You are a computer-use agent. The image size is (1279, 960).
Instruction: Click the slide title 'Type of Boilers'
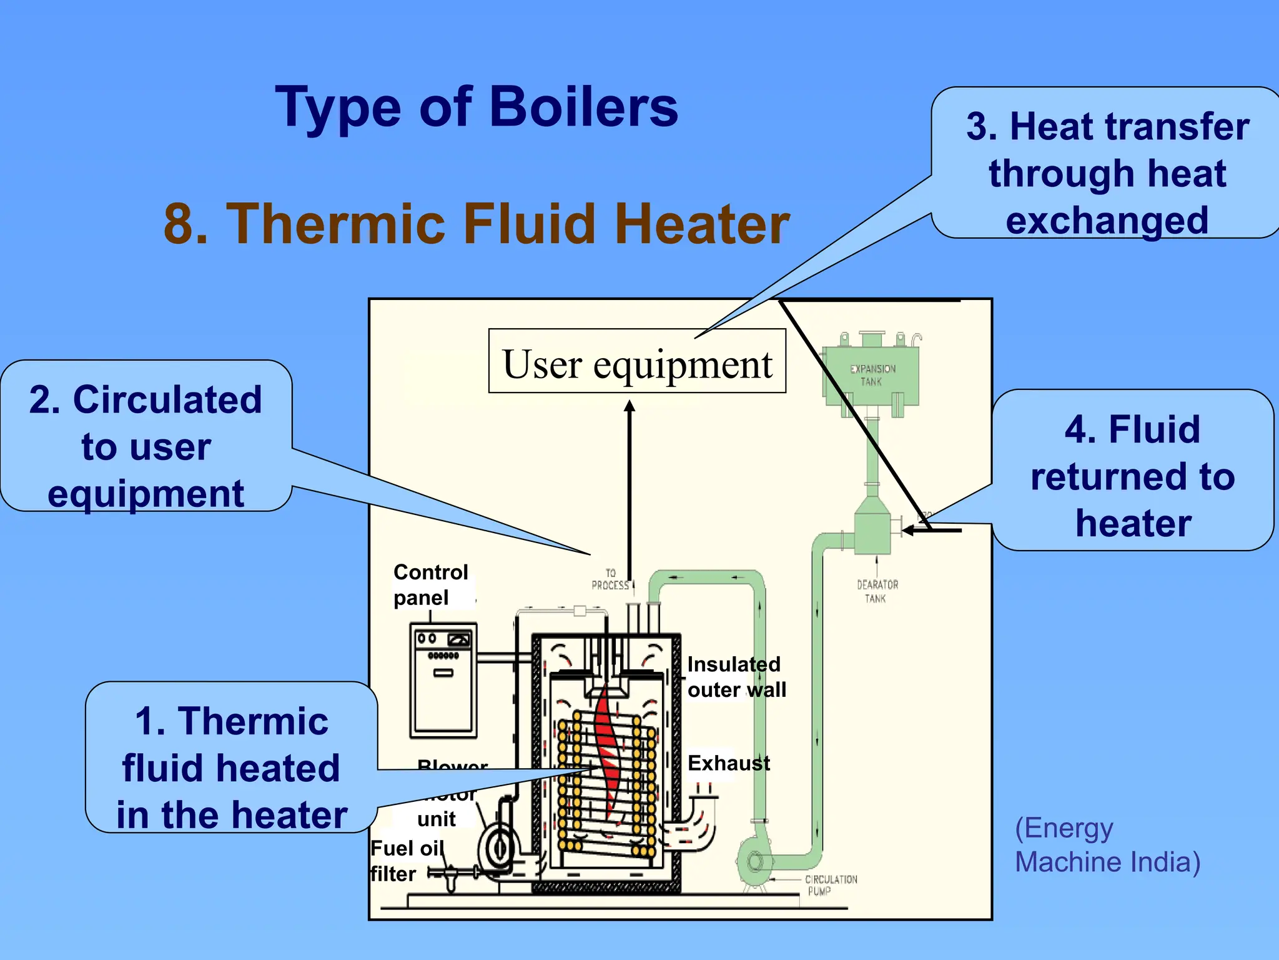[x=477, y=107]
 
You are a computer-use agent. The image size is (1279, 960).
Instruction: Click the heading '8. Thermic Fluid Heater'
[x=477, y=224]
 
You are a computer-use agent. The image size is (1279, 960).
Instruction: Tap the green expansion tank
[x=871, y=375]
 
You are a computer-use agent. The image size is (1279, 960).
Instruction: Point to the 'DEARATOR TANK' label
[x=877, y=591]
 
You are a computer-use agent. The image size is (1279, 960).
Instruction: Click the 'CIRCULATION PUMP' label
[x=830, y=885]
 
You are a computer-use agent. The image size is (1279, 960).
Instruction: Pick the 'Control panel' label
[x=430, y=584]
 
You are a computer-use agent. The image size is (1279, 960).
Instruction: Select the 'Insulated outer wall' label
[x=736, y=677]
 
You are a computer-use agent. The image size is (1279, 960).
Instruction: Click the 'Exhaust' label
[x=728, y=763]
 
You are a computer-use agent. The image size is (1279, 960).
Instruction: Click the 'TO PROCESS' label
[x=610, y=579]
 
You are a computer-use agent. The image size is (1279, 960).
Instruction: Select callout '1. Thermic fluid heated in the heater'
[x=231, y=768]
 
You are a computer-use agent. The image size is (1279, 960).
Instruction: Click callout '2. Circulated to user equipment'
[x=146, y=446]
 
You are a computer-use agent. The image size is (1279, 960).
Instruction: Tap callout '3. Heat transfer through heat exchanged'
[x=1107, y=173]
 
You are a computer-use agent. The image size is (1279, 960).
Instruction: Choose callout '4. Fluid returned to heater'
[x=1132, y=476]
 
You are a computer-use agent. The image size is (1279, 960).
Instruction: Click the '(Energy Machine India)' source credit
[x=1107, y=845]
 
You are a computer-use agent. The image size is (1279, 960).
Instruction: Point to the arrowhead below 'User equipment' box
[x=630, y=407]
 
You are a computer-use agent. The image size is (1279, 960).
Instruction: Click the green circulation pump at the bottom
[x=754, y=862]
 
